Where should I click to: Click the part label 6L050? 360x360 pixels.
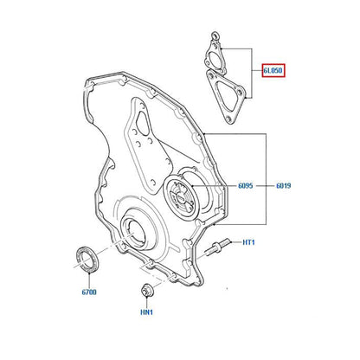point(273,70)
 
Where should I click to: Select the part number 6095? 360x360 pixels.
point(246,186)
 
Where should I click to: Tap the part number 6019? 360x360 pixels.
point(284,186)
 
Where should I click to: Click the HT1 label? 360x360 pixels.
point(248,242)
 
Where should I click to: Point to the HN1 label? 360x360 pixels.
point(146,312)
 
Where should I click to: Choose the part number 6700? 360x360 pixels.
point(89,292)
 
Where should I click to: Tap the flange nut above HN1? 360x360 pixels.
point(146,290)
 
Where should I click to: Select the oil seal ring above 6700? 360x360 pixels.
point(87,259)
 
